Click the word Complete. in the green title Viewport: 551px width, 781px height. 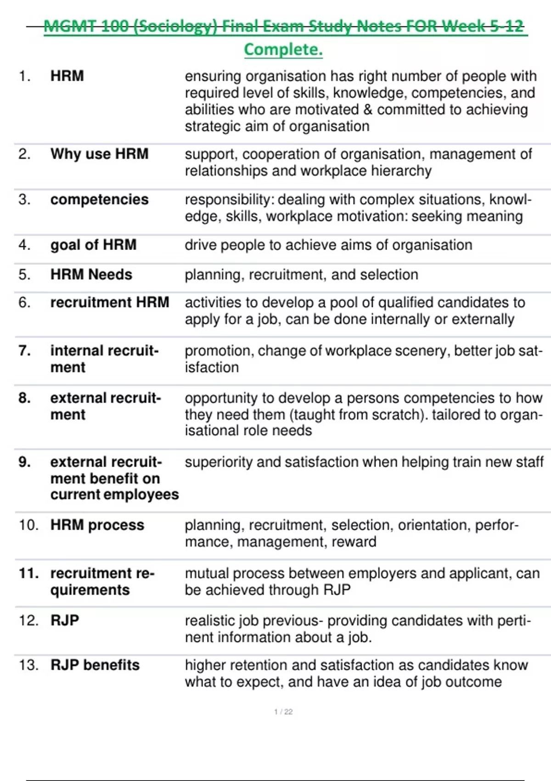pos(283,50)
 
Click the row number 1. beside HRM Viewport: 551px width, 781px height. pos(25,76)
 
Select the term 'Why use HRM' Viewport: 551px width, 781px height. pos(99,153)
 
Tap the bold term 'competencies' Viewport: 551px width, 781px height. pos(99,199)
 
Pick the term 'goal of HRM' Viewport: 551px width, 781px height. pos(93,244)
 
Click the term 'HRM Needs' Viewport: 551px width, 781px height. pos(91,274)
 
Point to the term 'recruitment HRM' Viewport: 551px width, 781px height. pos(110,302)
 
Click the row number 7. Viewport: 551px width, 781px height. pos(25,351)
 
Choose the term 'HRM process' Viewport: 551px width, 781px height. pos(97,525)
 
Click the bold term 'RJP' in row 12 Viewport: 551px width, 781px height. pos(65,620)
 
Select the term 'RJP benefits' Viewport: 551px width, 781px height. pos(95,665)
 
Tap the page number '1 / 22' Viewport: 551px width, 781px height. pos(283,712)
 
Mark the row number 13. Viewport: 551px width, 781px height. pos(28,665)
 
